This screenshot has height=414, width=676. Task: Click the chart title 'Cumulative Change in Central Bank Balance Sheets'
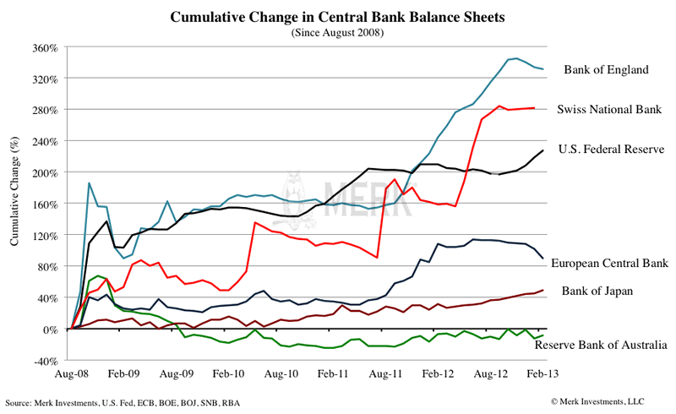337,16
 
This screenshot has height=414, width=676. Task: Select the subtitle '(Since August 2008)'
337,32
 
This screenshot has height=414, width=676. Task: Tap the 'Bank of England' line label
606,69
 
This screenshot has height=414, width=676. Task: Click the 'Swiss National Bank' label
608,109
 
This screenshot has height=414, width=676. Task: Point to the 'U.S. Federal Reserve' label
612,150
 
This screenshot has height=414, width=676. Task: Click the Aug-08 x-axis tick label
72,373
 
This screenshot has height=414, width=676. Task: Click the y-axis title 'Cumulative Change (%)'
14,203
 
